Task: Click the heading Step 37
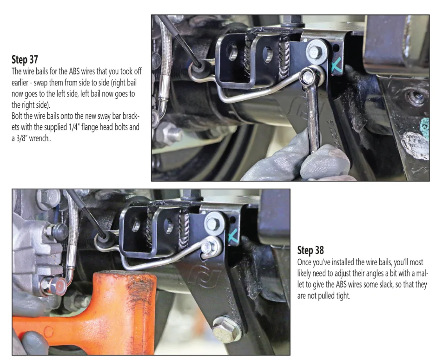tap(25, 59)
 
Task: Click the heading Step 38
tap(310, 250)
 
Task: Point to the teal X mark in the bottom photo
tap(233, 236)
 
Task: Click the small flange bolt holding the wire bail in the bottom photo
tap(209, 247)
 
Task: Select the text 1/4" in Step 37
tap(73, 127)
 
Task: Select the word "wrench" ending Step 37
tap(39, 138)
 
